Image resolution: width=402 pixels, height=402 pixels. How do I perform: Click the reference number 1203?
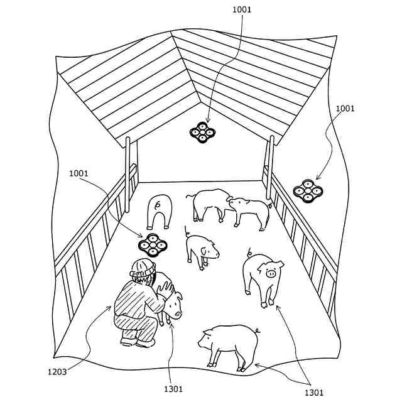pyautogui.click(x=57, y=371)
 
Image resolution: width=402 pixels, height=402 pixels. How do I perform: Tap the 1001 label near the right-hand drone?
pyautogui.click(x=345, y=109)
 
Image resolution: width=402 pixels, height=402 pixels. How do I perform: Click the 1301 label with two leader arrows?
pyautogui.click(x=314, y=393)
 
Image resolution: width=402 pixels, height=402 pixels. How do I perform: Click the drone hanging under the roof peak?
pyautogui.click(x=203, y=133)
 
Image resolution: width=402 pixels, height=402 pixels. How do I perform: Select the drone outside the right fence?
pyautogui.click(x=308, y=191)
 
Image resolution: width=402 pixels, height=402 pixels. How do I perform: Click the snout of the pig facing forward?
pyautogui.click(x=271, y=273)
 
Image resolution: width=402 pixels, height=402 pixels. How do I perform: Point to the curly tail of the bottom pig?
pyautogui.click(x=258, y=330)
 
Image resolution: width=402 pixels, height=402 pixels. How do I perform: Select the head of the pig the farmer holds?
pyautogui.click(x=173, y=305)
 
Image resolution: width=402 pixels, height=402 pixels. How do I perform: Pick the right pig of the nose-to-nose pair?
pyautogui.click(x=250, y=210)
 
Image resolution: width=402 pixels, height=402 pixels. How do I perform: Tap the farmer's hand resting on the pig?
pyautogui.click(x=166, y=288)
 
